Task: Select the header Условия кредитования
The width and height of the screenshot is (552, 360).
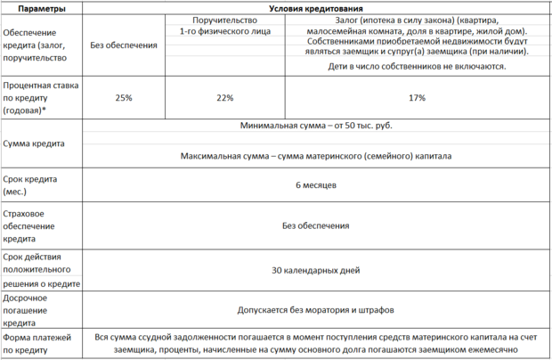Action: tap(315, 8)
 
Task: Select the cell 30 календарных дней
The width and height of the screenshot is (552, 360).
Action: tap(315, 268)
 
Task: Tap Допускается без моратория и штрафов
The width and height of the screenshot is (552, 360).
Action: tap(315, 310)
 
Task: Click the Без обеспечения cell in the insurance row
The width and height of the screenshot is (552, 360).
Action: tap(315, 226)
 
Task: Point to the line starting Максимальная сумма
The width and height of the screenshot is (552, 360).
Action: tap(315, 155)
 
